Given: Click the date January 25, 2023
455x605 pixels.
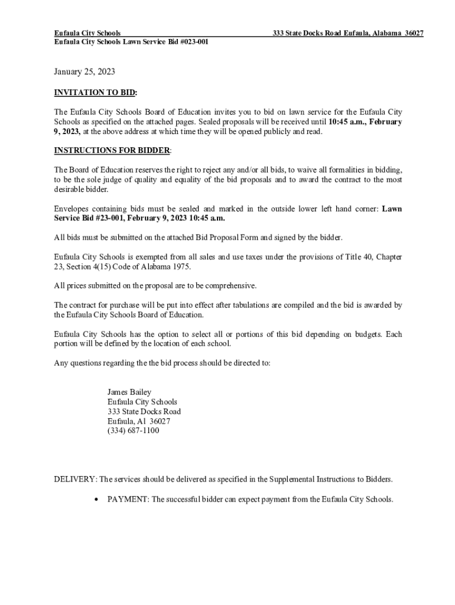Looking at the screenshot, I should tap(84, 72).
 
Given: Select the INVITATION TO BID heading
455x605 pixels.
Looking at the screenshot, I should tap(95, 93).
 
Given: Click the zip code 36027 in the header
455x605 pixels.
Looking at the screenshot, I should tap(414, 34).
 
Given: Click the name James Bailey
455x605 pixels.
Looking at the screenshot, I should tap(129, 392).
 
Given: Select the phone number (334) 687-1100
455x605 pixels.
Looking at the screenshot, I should tap(133, 431).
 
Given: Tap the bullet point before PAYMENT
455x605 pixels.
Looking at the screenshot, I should tap(96, 499).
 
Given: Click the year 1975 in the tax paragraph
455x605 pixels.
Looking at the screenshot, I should tap(180, 266).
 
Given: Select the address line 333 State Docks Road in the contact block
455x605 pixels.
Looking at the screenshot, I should tap(144, 412).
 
